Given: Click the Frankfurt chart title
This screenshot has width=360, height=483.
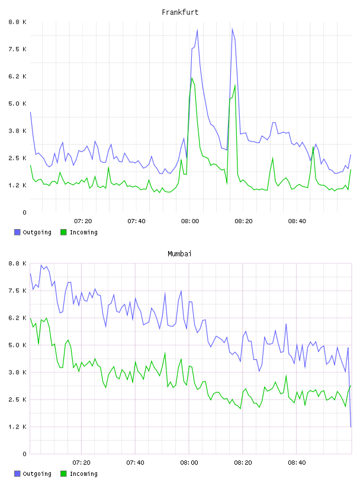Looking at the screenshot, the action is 180,12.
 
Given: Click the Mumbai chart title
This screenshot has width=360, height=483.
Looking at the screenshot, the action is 179,254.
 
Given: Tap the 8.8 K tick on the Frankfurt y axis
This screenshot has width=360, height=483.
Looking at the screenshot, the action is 17,22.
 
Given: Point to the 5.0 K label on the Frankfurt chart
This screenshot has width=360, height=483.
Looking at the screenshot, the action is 17,104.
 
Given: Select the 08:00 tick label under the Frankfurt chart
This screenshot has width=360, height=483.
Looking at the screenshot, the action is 190,221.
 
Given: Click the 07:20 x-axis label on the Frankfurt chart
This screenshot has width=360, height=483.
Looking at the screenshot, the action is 83,221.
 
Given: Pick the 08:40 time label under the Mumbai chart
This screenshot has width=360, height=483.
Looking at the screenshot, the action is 297,463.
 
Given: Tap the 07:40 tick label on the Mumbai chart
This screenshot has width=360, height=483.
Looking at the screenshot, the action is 136,463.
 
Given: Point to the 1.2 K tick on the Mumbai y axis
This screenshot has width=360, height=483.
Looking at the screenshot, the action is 17,427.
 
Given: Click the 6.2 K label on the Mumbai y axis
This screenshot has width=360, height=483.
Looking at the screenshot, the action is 17,318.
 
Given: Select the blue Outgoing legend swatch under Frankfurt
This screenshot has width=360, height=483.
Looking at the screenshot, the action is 17,232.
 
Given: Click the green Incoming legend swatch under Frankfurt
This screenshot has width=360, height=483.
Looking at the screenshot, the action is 63,232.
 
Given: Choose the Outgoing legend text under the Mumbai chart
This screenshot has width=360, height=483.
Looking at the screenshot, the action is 37,474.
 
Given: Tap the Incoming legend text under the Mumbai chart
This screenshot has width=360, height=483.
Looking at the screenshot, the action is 83,474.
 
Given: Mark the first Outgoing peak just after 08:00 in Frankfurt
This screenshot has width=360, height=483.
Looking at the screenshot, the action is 197,30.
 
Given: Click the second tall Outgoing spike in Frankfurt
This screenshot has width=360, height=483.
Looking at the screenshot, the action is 232,28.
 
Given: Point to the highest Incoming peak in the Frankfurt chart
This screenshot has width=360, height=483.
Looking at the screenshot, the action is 192,78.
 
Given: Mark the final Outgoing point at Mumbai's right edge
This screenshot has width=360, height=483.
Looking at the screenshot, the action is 351,427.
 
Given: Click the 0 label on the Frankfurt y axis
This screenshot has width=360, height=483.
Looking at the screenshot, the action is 24,212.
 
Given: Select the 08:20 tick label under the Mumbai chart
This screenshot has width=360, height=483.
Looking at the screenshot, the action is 243,463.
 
